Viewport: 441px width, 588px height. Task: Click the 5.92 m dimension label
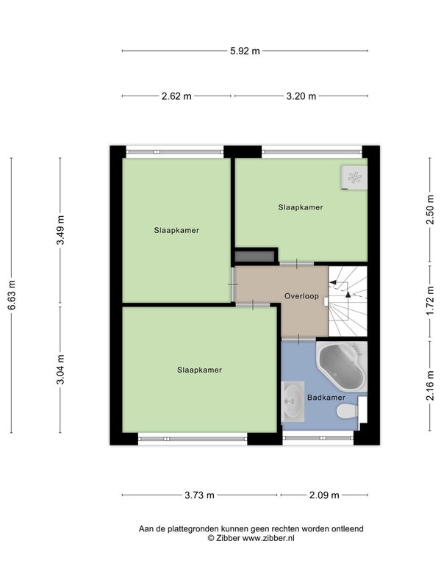click(245, 51)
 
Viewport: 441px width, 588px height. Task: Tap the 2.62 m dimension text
click(176, 96)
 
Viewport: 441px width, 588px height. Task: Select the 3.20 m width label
click(301, 96)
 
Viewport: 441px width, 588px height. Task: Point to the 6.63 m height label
click(12, 295)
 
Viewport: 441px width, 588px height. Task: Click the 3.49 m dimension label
click(60, 230)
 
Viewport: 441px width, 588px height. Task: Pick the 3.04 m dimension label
click(60, 370)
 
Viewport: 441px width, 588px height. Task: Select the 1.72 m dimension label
click(430, 301)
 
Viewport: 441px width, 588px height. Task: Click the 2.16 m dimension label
click(430, 385)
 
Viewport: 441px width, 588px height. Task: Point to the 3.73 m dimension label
click(199, 495)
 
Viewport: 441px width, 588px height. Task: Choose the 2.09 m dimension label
click(324, 495)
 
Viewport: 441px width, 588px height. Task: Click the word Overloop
click(301, 296)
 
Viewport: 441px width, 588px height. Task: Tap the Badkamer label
click(326, 398)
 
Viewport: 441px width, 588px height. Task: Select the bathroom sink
click(293, 401)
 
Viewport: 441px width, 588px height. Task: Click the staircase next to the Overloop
click(348, 301)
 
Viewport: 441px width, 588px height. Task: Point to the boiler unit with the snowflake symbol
click(354, 178)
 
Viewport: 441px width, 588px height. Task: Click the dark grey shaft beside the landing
click(254, 257)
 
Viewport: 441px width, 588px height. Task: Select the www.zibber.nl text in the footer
click(268, 538)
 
